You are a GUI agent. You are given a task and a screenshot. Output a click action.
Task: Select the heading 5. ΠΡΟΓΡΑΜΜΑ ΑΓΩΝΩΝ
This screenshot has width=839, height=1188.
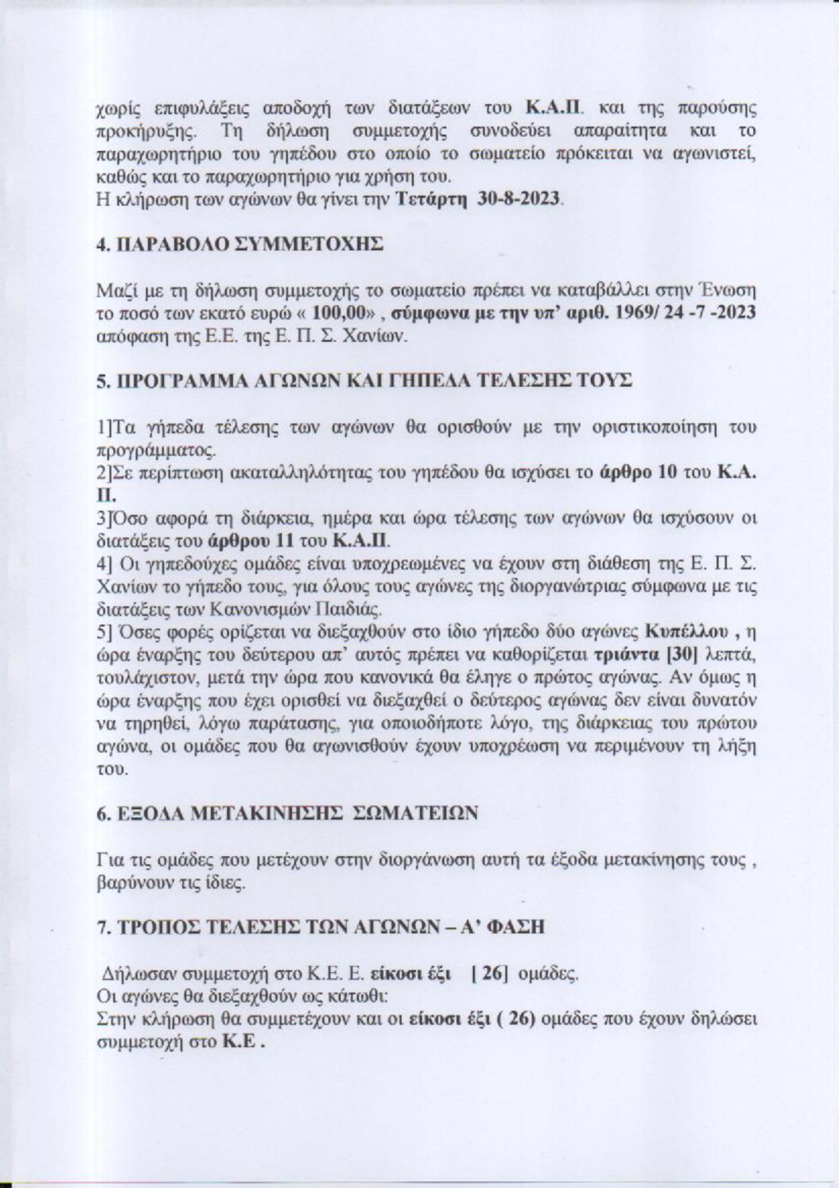[365, 381]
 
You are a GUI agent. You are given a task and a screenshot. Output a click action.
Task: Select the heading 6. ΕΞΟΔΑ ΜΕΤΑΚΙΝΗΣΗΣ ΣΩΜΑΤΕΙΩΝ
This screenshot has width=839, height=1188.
[288, 812]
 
